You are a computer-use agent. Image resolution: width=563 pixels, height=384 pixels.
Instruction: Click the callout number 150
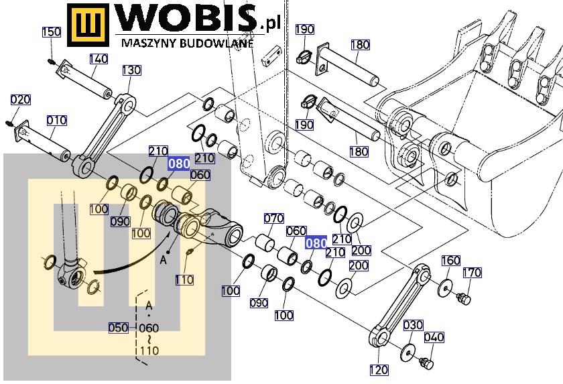pos(52,31)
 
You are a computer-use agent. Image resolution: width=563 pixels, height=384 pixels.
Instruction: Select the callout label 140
pos(99,58)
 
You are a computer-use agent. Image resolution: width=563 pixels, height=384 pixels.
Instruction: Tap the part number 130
pos(131,70)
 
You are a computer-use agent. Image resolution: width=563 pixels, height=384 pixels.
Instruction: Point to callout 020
pos(20,99)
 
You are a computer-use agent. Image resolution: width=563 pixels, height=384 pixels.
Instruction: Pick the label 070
pos(273,218)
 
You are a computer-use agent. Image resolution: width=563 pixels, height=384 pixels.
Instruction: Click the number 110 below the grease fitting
pos(184,279)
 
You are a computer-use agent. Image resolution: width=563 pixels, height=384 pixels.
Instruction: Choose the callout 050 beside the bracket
pos(119,328)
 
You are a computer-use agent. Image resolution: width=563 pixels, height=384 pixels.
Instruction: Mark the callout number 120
pos(379,370)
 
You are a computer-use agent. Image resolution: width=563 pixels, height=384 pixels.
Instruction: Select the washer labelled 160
pos(446,287)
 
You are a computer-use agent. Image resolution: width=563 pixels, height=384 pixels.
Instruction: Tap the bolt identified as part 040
pos(426,363)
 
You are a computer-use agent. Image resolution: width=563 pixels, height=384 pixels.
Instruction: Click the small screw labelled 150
pos(52,62)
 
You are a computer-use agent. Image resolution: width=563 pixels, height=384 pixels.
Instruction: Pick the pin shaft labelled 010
pos(42,141)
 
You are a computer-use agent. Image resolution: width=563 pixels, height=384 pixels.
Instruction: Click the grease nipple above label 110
pos(189,251)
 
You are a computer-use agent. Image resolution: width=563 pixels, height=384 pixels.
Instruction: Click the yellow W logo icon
pos(88,25)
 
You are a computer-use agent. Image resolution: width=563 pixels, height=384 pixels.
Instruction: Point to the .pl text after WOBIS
pos(269,24)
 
